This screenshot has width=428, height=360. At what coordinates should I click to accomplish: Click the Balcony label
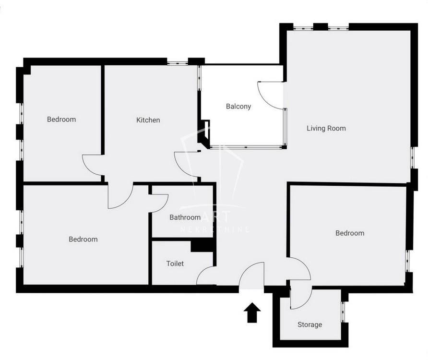pos(238,106)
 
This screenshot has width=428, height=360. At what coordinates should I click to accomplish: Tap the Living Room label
pos(326,128)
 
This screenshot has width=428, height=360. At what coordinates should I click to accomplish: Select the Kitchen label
pos(148,120)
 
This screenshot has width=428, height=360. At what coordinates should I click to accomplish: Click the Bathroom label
pos(185,217)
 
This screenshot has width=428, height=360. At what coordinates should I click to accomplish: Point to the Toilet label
pos(175,264)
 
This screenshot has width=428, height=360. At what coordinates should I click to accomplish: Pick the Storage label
pos(309,324)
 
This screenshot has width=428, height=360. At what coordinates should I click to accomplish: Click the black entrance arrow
pos(252,312)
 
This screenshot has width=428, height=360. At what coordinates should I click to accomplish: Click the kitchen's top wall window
pos(178,63)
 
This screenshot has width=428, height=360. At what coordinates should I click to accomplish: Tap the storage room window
pos(344,312)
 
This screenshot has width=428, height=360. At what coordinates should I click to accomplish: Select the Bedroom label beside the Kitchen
pos(61,120)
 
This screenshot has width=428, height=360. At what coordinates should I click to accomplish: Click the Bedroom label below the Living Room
pos(350,233)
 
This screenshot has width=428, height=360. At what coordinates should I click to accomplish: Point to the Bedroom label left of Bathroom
pos(83,239)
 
